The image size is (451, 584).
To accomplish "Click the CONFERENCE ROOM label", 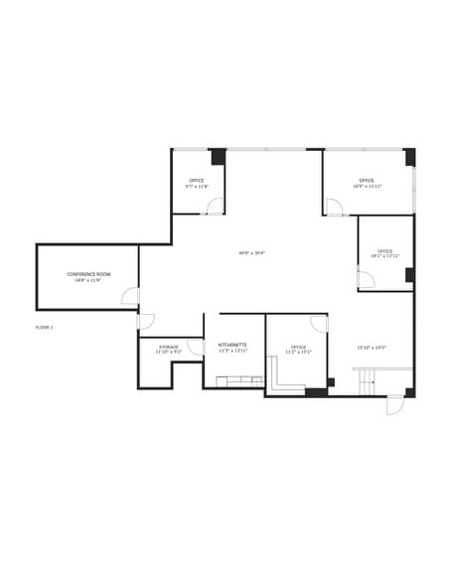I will tap(88, 273).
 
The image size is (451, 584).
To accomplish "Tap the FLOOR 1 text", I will tap(44, 327).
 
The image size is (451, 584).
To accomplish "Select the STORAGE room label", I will tap(169, 346).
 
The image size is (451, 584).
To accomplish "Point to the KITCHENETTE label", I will tap(232, 345).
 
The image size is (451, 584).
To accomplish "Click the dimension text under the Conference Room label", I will tap(88, 280).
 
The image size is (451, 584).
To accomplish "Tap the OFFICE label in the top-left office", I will tap(197, 180).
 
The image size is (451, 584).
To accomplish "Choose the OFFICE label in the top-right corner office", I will tap(367, 180).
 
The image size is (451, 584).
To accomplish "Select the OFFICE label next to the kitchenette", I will tap(298, 347).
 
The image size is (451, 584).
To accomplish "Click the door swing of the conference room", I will tap(130, 295).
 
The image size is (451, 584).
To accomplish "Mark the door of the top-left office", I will tap(214, 206).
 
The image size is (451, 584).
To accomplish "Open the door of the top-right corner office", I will tap(335, 207).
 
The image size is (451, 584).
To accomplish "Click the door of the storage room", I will tap(196, 347).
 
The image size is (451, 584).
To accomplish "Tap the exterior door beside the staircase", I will tap(394, 405).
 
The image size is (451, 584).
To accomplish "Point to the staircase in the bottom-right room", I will tap(368, 378).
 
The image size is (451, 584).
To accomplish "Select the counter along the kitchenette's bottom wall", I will tap(234, 381).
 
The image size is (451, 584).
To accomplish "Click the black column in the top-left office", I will tap(218, 157).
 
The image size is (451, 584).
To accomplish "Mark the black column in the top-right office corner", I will tap(409, 157).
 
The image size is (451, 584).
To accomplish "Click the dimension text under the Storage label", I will tap(169, 352).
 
